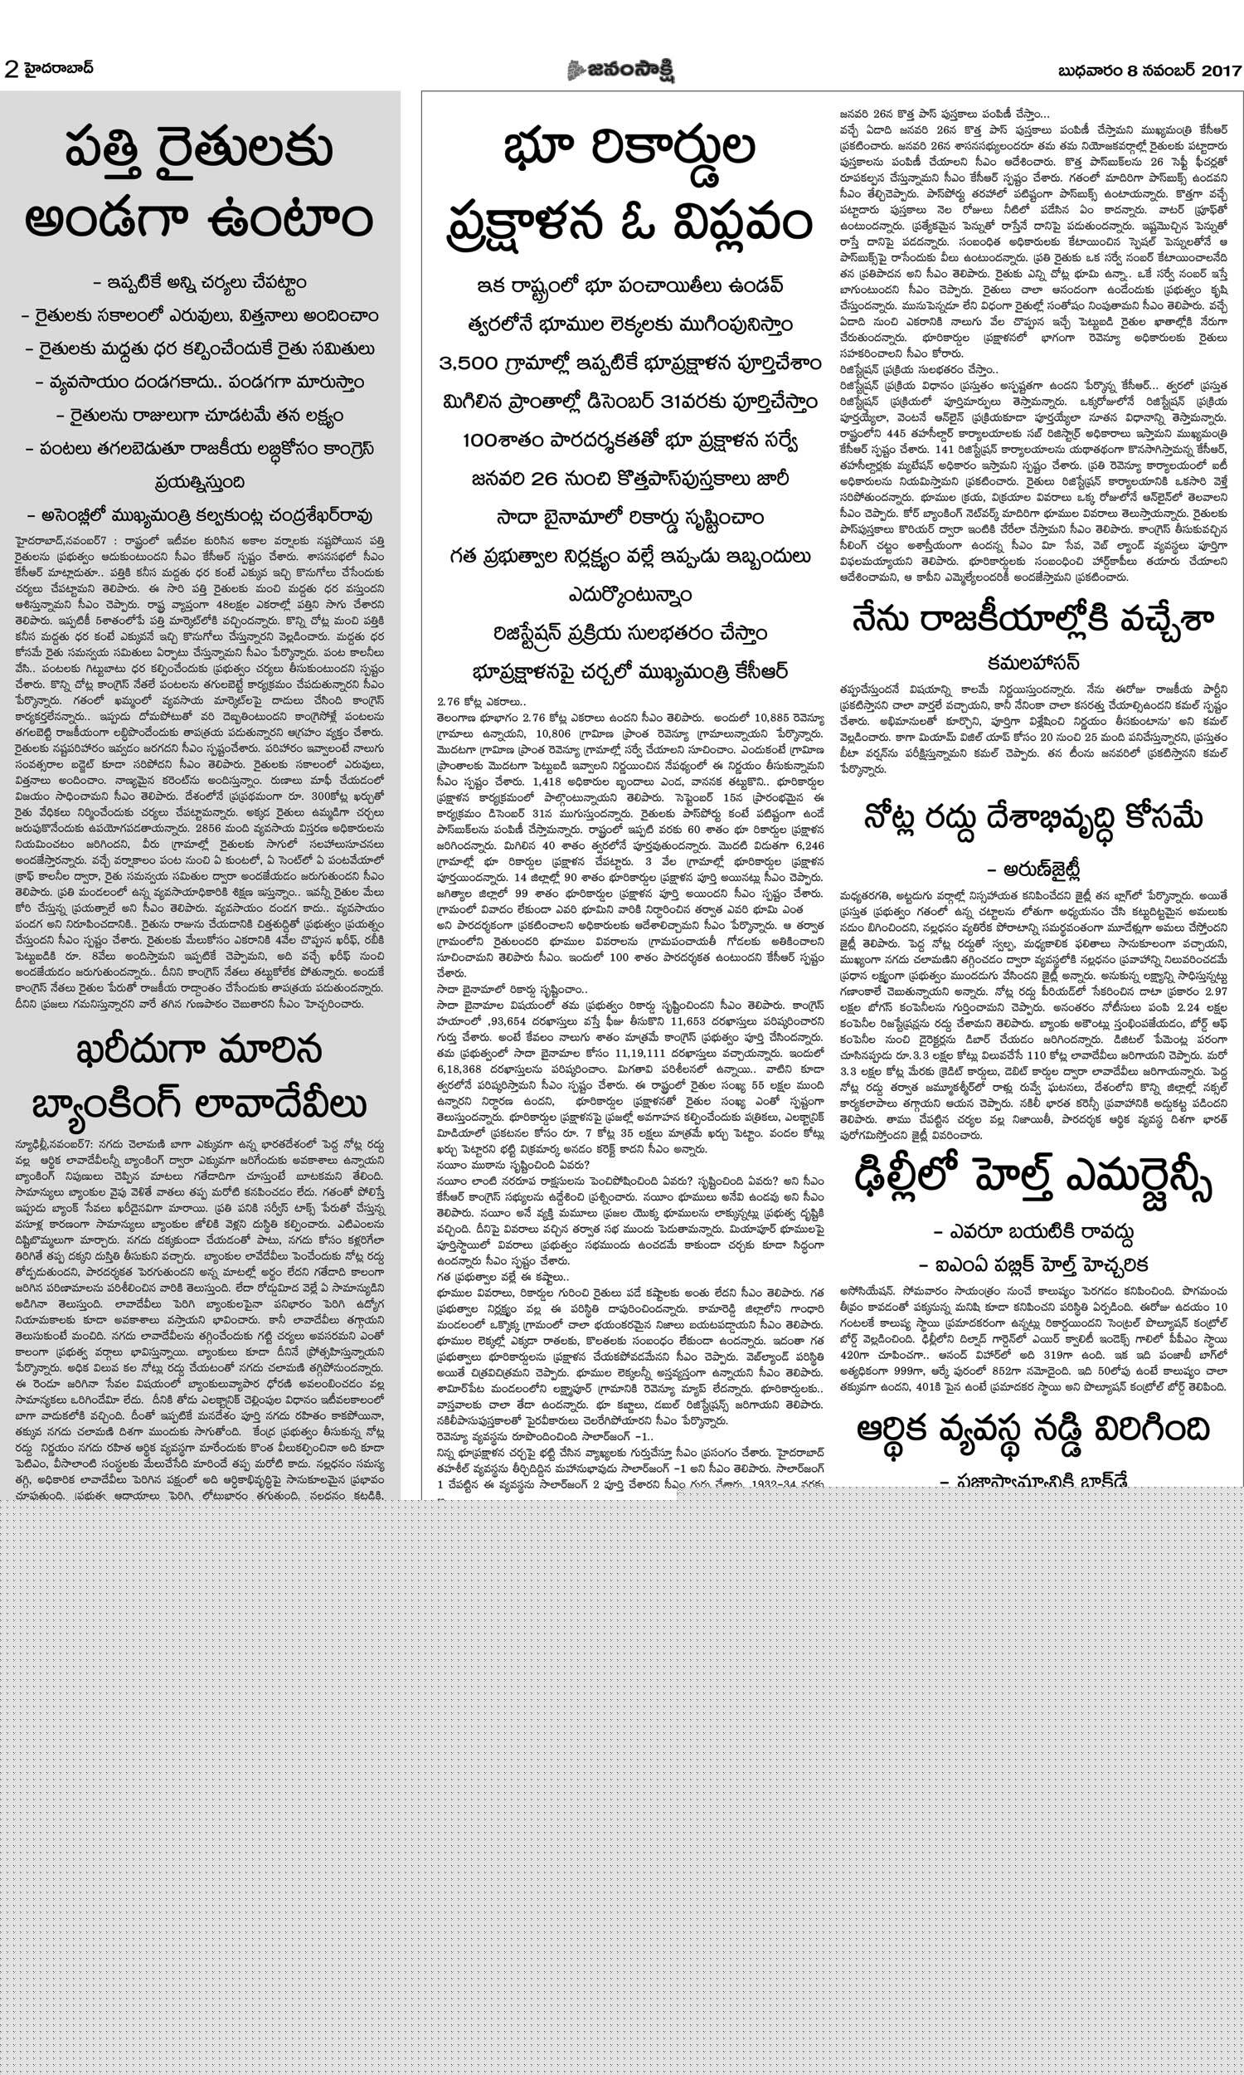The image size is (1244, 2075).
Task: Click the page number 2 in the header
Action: (11, 71)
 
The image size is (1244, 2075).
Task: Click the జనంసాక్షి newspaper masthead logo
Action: (621, 71)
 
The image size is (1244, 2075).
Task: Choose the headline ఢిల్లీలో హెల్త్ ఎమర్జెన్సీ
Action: (1033, 1183)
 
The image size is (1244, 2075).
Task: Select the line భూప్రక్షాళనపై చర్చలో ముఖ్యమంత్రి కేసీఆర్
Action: (629, 671)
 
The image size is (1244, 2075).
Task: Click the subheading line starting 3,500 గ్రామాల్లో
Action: (629, 365)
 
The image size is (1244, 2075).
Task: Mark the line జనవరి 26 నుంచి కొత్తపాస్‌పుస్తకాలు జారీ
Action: (629, 479)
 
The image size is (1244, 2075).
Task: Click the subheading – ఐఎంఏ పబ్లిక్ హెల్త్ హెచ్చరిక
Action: (1033, 1264)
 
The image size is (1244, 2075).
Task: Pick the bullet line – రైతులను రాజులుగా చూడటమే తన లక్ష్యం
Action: (200, 415)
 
